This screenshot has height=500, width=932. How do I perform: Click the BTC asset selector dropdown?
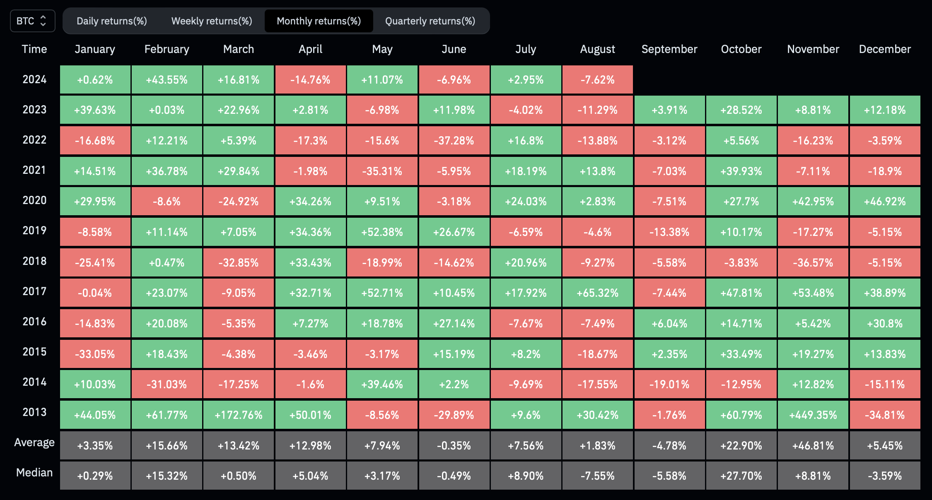(x=32, y=21)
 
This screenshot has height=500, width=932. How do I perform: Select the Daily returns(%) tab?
(x=112, y=21)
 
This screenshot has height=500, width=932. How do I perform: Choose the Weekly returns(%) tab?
(x=212, y=21)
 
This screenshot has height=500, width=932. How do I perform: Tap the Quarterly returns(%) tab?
(x=430, y=21)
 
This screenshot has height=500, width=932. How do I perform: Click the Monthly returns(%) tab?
(x=319, y=21)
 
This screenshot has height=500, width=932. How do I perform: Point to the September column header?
(x=669, y=49)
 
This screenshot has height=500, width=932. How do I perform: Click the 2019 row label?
(x=34, y=231)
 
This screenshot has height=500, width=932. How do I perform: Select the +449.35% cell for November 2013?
(x=813, y=415)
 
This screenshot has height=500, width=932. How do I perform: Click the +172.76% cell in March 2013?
(x=239, y=415)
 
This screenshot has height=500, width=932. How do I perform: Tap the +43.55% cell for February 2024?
(x=167, y=79)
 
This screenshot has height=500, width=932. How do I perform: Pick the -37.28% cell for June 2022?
(x=454, y=140)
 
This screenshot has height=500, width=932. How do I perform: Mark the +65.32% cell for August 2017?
(x=597, y=293)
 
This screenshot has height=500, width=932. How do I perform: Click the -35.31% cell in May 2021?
(x=382, y=171)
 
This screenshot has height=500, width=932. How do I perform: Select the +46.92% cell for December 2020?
(x=885, y=202)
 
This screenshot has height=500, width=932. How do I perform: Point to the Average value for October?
(x=741, y=445)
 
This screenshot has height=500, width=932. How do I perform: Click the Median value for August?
(x=597, y=476)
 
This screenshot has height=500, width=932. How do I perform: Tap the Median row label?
(x=34, y=473)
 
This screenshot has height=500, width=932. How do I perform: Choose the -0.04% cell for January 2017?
(x=95, y=293)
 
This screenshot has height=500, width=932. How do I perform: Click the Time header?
(x=34, y=49)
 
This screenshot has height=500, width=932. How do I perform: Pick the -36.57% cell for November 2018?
(x=813, y=262)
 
